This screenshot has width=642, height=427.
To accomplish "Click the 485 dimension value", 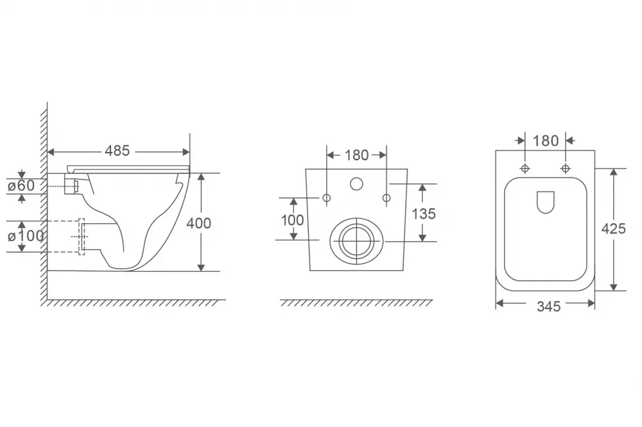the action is [117, 151].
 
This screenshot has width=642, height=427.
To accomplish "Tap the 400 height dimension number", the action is [198, 223].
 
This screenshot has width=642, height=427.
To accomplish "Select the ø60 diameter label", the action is [21, 186].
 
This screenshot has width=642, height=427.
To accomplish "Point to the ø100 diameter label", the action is [26, 236].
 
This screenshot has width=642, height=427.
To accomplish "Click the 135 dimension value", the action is [423, 214].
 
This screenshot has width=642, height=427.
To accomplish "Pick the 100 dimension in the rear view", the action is [292, 220].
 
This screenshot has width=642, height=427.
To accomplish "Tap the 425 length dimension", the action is [613, 229].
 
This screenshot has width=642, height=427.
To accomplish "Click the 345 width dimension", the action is [549, 306].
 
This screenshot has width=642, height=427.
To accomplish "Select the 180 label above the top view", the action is [546, 141].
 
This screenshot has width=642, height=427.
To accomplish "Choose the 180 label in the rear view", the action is [356, 155].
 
